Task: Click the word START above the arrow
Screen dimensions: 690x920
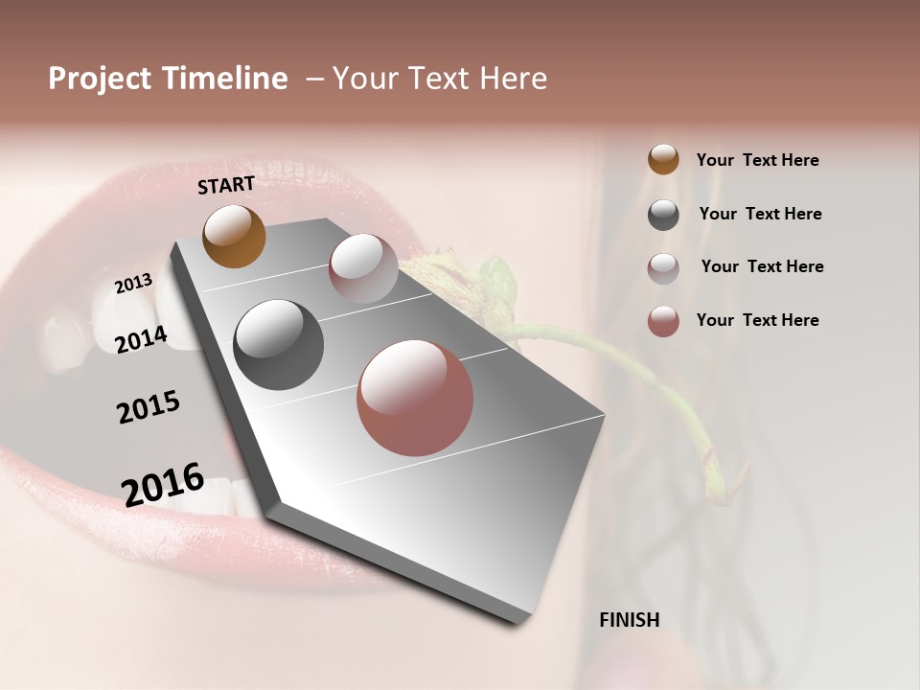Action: [x=226, y=185]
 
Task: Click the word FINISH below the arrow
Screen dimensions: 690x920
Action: [x=629, y=620]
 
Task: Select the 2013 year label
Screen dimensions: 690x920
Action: [x=133, y=284]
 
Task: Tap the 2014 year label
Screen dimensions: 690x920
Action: [x=142, y=339]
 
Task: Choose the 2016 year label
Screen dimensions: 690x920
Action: [x=163, y=484]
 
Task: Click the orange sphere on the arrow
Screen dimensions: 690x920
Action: [x=234, y=236]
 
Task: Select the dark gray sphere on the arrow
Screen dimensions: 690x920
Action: [x=278, y=345]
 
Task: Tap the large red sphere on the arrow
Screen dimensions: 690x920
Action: [x=415, y=399]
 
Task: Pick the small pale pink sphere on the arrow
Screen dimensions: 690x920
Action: [x=363, y=268]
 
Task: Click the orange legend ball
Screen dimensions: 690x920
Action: [x=663, y=159]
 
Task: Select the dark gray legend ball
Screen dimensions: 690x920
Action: [x=663, y=215]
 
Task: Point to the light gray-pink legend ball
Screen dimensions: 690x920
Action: [x=663, y=268]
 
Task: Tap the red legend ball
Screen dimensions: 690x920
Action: [x=663, y=321]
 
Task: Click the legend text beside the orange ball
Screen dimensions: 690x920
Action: [x=757, y=160]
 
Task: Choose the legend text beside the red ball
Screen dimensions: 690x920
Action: [x=757, y=320]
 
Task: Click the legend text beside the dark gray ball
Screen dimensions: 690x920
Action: [x=760, y=214]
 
